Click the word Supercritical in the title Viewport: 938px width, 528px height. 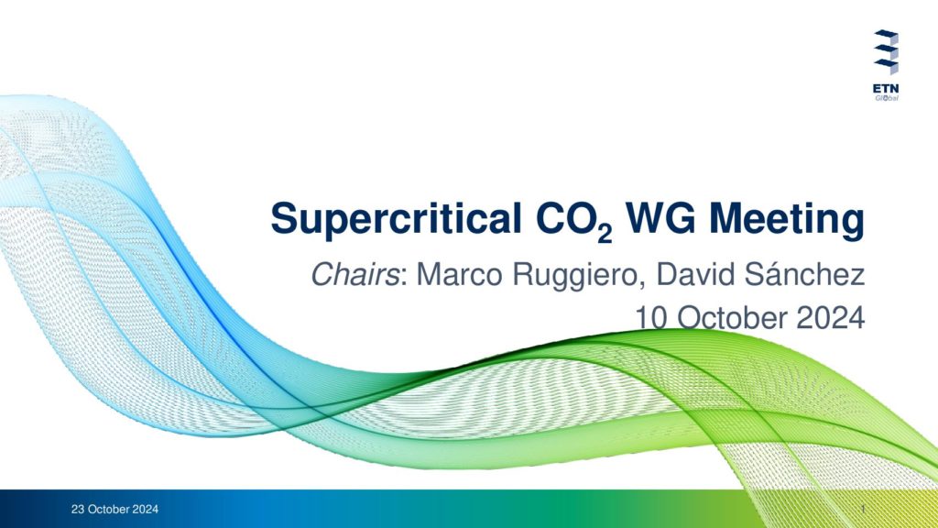pyautogui.click(x=396, y=221)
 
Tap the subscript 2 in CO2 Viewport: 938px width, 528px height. pyautogui.click(x=605, y=234)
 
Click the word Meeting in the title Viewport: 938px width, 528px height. pyautogui.click(x=787, y=221)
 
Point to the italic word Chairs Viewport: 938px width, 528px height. pyautogui.click(x=355, y=275)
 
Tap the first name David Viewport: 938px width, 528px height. pyautogui.click(x=696, y=275)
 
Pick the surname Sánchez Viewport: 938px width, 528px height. pyautogui.click(x=804, y=274)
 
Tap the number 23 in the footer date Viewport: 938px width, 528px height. pyautogui.click(x=78, y=510)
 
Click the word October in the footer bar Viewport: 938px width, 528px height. pyautogui.click(x=109, y=510)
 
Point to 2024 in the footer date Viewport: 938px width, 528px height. pyautogui.click(x=146, y=510)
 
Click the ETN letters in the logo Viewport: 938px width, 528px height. pyautogui.click(x=886, y=89)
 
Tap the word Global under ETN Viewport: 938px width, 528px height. pyautogui.click(x=887, y=98)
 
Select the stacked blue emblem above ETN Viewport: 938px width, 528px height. pyautogui.click(x=886, y=52)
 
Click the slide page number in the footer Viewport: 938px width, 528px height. pyautogui.click(x=863, y=509)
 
